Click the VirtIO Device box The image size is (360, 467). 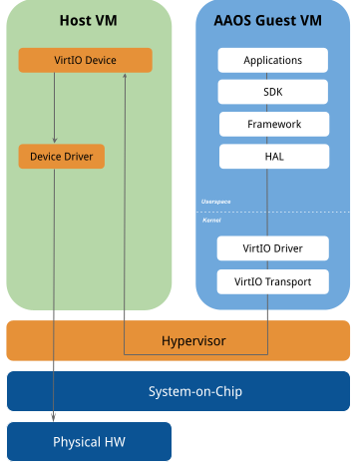85,61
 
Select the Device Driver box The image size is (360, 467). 62,157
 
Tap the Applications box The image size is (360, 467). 272,61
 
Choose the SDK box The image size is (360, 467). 272,92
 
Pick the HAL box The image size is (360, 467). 272,156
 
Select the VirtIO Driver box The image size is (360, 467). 272,247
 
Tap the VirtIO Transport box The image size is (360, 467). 272,281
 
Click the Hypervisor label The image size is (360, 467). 193,341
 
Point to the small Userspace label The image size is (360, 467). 216,202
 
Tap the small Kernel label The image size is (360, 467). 211,220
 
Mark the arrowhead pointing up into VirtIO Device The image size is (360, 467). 124,78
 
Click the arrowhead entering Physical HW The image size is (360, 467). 54,416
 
